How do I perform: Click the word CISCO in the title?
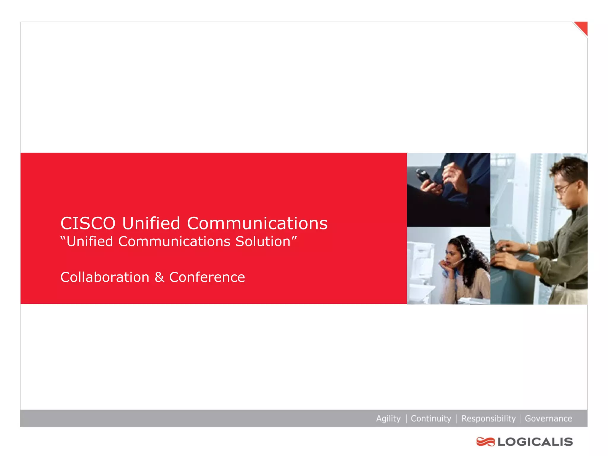pyautogui.click(x=88, y=224)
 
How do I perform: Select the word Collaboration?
pyautogui.click(x=105, y=277)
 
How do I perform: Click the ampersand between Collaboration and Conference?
pyautogui.click(x=159, y=277)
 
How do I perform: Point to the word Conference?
pyautogui.click(x=207, y=277)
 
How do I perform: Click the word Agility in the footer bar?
pyautogui.click(x=388, y=419)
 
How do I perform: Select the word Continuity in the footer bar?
pyautogui.click(x=431, y=419)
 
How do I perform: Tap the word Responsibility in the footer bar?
pyautogui.click(x=488, y=419)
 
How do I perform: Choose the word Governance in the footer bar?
pyautogui.click(x=548, y=419)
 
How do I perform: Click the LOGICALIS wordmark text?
pyautogui.click(x=535, y=442)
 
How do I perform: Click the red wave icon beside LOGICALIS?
pyautogui.click(x=485, y=442)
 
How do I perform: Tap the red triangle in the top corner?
pyautogui.click(x=582, y=27)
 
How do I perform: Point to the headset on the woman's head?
pyautogui.click(x=462, y=249)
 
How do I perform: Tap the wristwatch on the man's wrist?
pyautogui.click(x=529, y=246)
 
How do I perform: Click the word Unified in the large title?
pyautogui.click(x=151, y=224)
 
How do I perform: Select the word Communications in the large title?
pyautogui.click(x=257, y=224)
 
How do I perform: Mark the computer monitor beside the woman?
pyautogui.click(x=420, y=261)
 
